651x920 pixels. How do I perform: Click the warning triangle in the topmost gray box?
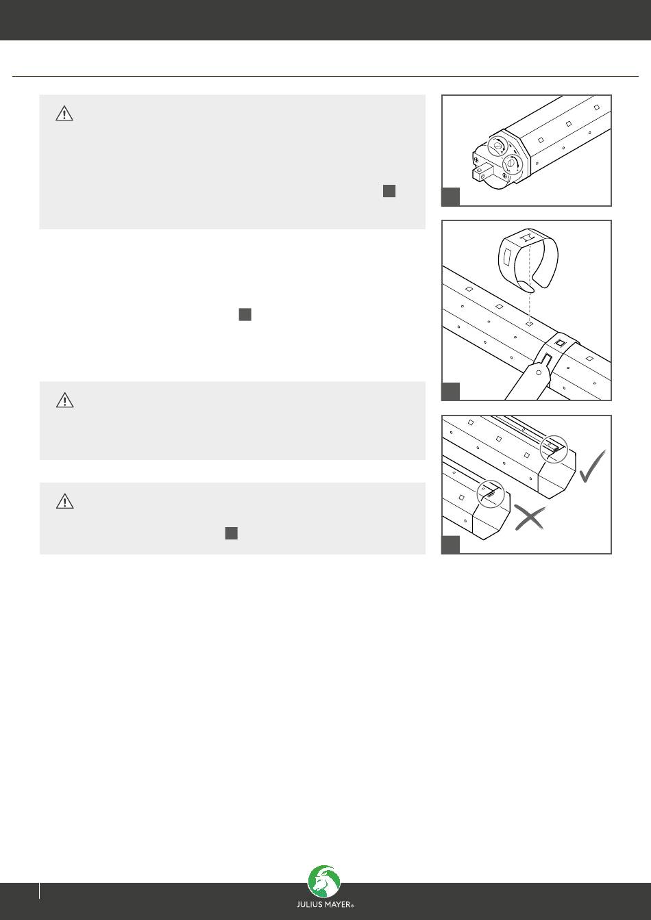64,114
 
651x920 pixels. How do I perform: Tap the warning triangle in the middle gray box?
65,400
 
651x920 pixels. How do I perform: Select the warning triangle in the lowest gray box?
65,502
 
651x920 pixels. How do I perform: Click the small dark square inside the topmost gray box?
389,191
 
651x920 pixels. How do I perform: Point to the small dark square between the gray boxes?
245,315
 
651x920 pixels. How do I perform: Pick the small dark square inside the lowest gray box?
232,533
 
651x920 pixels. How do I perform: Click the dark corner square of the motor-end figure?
451,196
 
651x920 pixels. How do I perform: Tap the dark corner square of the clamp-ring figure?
451,392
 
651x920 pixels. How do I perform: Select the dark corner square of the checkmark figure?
451,545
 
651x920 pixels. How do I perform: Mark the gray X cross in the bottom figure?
530,517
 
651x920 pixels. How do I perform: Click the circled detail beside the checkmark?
554,449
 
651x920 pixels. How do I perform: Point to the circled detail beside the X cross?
491,494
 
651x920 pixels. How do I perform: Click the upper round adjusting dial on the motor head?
498,146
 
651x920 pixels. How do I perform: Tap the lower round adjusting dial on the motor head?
513,165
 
